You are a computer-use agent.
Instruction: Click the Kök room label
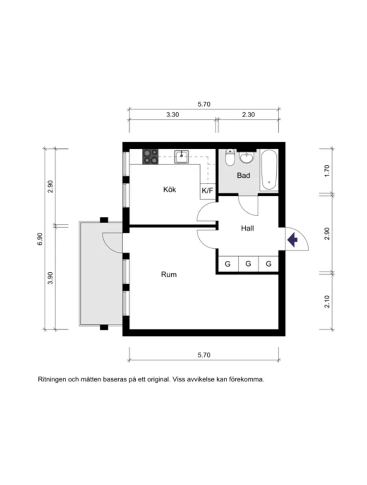169,190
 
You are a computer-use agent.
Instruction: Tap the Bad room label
243,175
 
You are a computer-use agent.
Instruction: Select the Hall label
247,228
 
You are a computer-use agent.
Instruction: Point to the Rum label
169,274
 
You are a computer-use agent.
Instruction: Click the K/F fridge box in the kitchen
207,191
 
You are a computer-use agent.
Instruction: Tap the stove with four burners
150,157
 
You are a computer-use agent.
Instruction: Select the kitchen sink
181,156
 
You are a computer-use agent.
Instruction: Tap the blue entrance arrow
292,240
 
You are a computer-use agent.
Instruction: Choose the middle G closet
248,264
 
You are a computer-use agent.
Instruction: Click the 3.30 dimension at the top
172,114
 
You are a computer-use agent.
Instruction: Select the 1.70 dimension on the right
327,171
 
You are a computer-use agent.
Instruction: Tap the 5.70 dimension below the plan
203,355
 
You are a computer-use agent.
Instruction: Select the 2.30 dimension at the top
248,114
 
